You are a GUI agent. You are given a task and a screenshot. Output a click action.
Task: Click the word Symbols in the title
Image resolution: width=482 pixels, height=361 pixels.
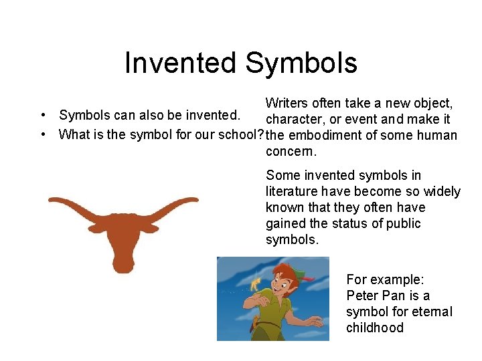click(x=301, y=64)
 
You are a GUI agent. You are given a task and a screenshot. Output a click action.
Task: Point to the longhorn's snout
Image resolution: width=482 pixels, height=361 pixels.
click(x=124, y=263)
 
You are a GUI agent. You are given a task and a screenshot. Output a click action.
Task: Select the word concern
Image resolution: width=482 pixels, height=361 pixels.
click(x=291, y=152)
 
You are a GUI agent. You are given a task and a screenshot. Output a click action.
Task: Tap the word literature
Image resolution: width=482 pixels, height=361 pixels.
click(x=292, y=192)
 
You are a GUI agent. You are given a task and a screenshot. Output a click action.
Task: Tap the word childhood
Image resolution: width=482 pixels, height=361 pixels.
click(x=375, y=328)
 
